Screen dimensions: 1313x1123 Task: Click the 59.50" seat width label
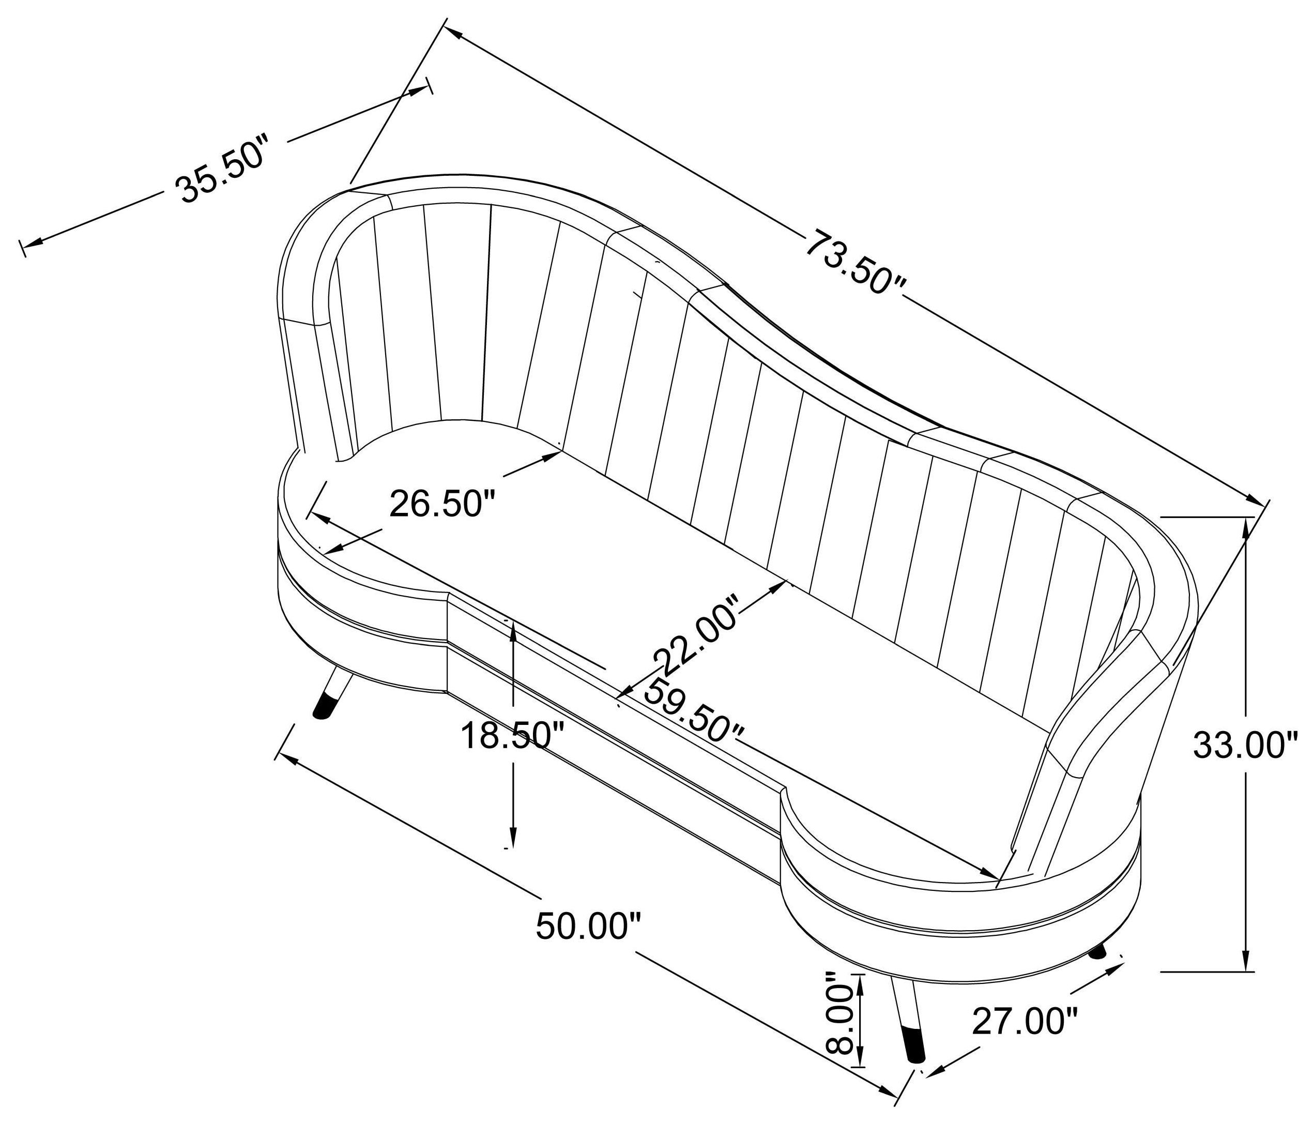[693, 711]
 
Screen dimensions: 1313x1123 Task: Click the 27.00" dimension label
[1025, 1022]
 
